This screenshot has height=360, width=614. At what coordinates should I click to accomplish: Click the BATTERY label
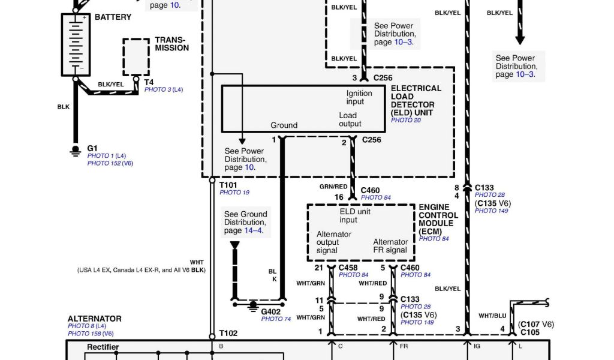[113, 17]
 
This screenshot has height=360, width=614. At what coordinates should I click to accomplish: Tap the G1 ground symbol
[76, 149]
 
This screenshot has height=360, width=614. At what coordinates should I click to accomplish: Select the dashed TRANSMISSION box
[136, 58]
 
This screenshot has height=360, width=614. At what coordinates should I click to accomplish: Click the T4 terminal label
[149, 82]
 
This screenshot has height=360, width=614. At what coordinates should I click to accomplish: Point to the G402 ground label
[271, 311]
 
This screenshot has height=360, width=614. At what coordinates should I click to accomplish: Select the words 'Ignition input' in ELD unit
[359, 97]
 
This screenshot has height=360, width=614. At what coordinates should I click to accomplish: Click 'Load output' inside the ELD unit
[350, 119]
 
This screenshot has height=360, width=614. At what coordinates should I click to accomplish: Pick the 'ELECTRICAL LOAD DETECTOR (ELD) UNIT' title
[416, 100]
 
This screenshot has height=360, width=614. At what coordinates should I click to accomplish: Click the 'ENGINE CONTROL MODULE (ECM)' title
[438, 219]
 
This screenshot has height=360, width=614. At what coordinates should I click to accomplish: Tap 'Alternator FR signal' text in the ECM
[390, 246]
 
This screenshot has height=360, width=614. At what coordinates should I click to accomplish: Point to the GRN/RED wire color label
[333, 187]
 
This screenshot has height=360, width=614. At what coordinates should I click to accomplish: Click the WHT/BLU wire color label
[492, 316]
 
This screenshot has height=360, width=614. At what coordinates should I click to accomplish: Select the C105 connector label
[530, 332]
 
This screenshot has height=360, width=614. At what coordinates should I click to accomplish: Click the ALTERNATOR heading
[94, 319]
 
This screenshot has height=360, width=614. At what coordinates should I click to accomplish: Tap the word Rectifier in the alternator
[103, 347]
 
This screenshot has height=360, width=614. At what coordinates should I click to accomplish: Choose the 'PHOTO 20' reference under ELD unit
[406, 120]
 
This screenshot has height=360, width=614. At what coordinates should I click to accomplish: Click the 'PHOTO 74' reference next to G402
[276, 319]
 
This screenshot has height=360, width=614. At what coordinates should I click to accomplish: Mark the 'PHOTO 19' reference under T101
[234, 193]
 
